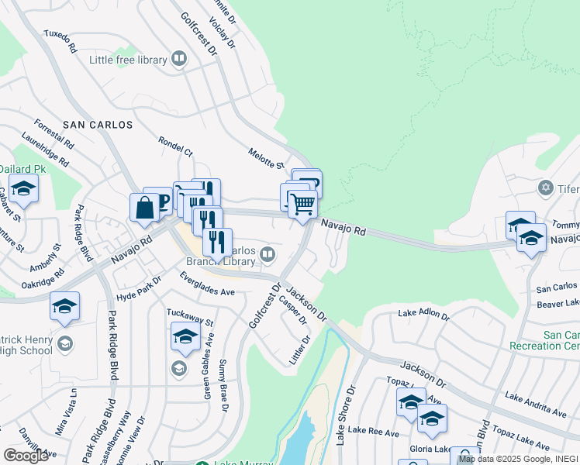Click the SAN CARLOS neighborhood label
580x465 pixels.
point(98,124)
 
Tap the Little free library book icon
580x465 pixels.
point(179,59)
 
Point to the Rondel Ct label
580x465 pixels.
point(175,147)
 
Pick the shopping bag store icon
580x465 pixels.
point(144,208)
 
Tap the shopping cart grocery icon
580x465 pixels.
point(303,205)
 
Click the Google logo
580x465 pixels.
point(26,456)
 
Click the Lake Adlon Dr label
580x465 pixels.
point(423,315)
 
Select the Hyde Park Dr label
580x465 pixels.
point(139,290)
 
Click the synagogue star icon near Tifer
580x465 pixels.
point(544,188)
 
